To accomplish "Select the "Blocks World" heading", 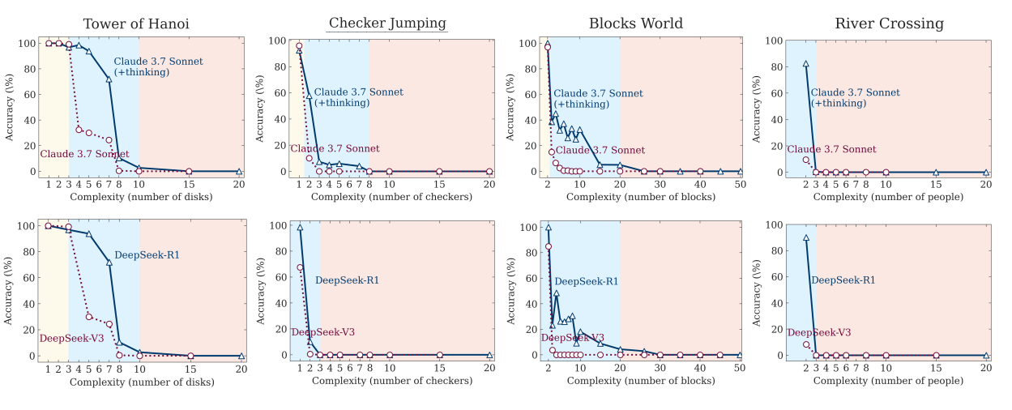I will [636, 23].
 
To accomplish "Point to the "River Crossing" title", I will [889, 23].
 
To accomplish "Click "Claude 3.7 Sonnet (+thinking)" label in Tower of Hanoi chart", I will [158, 66].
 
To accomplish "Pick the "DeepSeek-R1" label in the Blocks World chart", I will [586, 281].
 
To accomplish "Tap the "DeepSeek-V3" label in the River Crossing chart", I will [819, 332].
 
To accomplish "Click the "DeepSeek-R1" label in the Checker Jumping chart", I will [347, 280].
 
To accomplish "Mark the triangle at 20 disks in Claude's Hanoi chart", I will [239, 172].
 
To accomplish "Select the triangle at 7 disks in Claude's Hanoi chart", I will [109, 79].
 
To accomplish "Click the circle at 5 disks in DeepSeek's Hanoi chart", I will [88, 316].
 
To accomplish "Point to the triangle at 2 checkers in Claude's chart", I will [309, 96].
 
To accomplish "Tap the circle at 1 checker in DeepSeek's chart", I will [299, 267].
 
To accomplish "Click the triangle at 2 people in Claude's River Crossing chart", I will [805, 63].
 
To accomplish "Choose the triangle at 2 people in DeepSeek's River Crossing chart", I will [805, 237].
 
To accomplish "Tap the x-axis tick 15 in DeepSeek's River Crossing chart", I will [936, 369].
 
